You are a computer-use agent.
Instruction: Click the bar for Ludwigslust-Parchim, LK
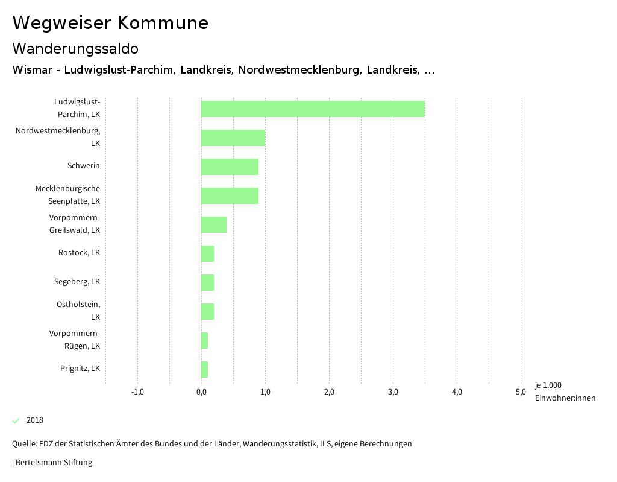click(x=313, y=109)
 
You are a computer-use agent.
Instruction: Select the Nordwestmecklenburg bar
click(x=233, y=138)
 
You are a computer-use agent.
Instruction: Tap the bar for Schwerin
click(x=230, y=166)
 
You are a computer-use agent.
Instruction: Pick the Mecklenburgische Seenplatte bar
click(x=230, y=195)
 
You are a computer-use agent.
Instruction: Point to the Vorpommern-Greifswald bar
click(x=214, y=224)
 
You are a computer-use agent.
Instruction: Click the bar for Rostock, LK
click(x=207, y=253)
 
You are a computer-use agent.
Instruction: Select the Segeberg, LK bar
click(x=207, y=282)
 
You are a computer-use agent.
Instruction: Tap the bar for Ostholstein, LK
click(x=207, y=311)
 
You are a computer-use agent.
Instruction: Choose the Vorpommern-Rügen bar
click(x=204, y=340)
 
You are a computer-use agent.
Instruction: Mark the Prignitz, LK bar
click(x=204, y=369)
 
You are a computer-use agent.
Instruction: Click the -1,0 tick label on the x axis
click(x=137, y=392)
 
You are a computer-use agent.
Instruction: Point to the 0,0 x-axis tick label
click(x=201, y=392)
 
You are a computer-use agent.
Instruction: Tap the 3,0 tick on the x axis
click(x=393, y=392)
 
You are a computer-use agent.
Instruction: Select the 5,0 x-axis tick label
click(x=521, y=392)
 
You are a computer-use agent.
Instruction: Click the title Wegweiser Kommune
click(x=110, y=23)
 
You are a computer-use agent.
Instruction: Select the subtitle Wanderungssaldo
click(x=75, y=48)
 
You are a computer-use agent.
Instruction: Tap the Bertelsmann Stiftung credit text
click(x=53, y=463)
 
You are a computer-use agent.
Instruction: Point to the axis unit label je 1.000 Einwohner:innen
click(x=565, y=392)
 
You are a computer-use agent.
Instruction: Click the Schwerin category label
click(x=84, y=166)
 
